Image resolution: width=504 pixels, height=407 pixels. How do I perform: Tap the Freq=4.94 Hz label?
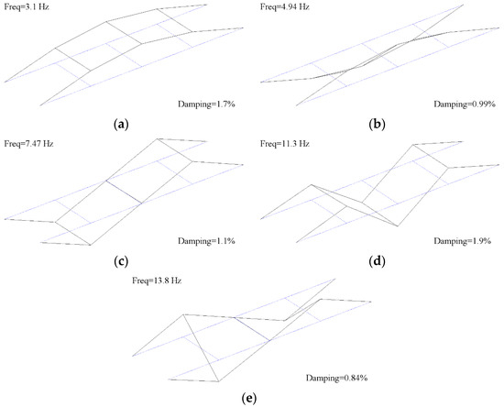[x=285, y=8]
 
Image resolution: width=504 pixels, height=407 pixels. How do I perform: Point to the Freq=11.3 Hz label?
[x=285, y=144]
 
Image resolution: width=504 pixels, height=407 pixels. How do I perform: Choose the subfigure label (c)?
[x=123, y=260]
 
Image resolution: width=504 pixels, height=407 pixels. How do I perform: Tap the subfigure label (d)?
[x=378, y=260]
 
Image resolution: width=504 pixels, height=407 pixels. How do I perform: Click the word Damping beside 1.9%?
[x=448, y=240]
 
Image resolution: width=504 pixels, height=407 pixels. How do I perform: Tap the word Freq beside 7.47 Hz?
[x=12, y=144]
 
